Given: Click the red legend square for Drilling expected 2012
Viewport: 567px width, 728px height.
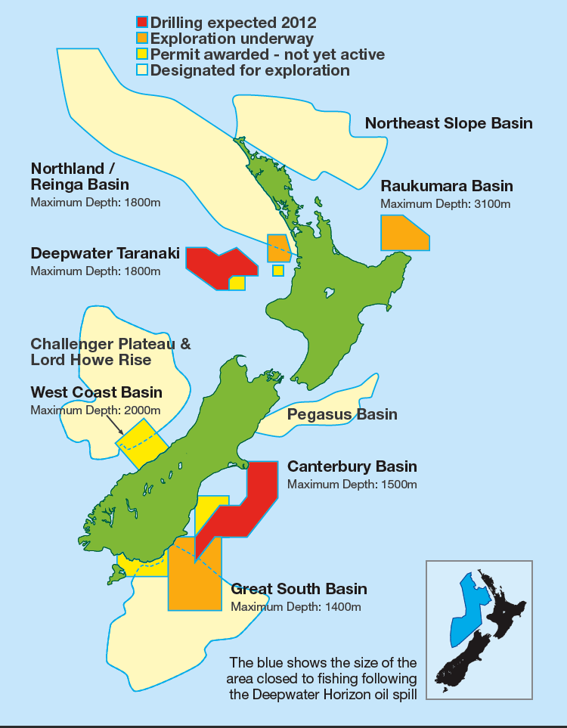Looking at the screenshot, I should [x=142, y=22].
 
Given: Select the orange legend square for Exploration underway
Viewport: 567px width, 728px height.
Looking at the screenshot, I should [x=142, y=38].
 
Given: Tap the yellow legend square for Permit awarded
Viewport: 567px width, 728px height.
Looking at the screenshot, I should [x=142, y=54].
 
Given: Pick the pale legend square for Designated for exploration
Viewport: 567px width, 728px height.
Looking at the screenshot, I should [x=142, y=70].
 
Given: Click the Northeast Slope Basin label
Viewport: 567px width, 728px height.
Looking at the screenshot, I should [x=448, y=123].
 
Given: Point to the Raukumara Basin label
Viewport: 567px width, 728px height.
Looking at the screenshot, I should [x=447, y=186].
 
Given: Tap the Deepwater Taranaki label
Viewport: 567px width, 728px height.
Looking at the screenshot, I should [x=105, y=253].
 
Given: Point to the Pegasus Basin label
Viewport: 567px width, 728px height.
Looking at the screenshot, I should [x=342, y=414].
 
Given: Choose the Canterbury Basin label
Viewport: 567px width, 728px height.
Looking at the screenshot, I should [x=352, y=466].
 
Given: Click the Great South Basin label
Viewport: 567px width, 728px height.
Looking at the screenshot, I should [x=299, y=589].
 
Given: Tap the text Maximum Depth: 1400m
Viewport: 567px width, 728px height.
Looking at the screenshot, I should [x=296, y=606].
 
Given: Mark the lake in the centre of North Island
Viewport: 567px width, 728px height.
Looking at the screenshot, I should [x=328, y=292].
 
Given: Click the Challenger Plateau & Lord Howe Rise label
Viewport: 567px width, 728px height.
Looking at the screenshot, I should [x=110, y=352].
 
